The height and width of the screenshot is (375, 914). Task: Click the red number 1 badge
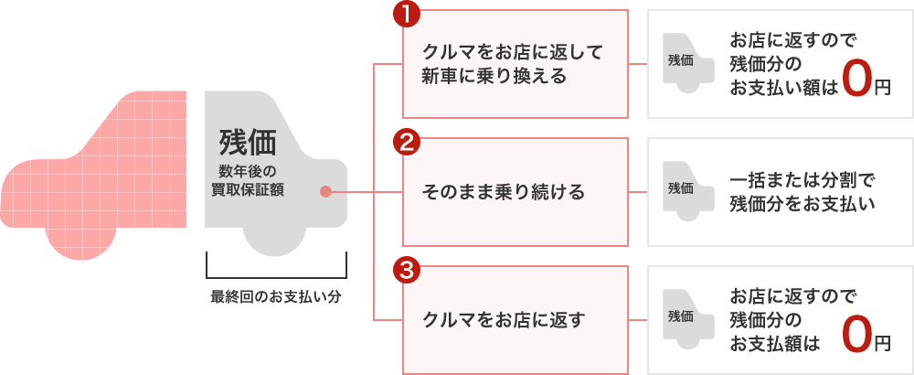(x=406, y=15)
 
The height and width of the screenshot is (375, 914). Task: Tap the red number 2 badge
(x=406, y=143)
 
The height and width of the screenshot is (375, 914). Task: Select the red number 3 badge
(x=406, y=270)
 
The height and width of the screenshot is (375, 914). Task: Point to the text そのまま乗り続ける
(x=504, y=192)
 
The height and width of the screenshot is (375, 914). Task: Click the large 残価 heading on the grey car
(x=247, y=143)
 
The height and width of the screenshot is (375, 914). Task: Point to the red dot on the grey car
(x=325, y=192)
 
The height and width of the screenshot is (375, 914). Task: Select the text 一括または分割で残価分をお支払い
(x=803, y=192)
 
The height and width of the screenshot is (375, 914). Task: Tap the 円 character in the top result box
(x=881, y=88)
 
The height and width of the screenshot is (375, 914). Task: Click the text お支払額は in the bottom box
(x=775, y=343)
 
